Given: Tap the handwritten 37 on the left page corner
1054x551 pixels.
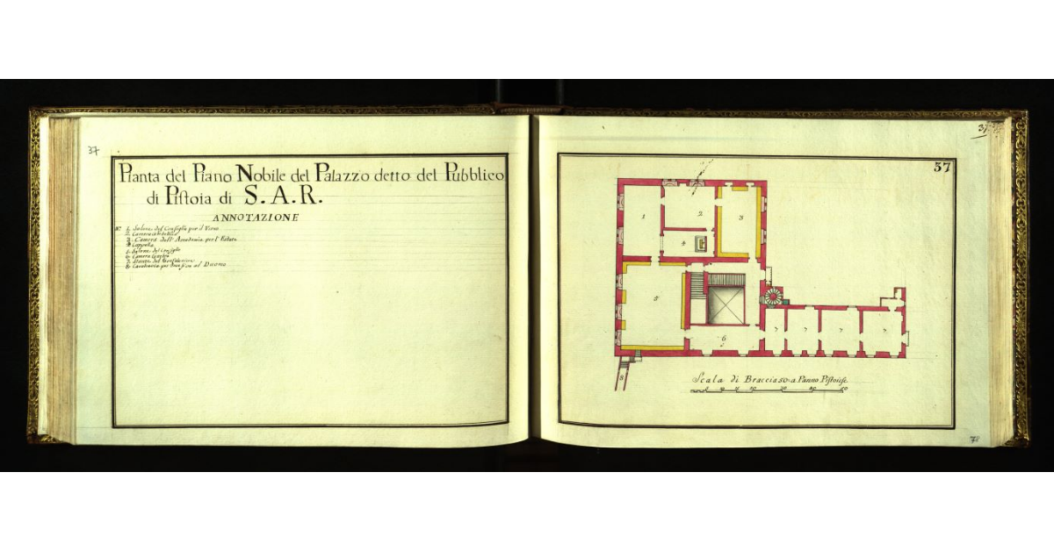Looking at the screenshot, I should click(x=93, y=150).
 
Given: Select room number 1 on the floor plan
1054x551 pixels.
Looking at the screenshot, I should click(x=644, y=215).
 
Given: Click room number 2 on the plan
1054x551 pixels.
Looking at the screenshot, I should click(x=700, y=213).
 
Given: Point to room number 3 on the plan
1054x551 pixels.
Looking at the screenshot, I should click(x=741, y=216).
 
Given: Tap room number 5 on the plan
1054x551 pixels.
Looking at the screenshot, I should click(x=656, y=299).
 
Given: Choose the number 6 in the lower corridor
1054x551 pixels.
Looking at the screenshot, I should click(x=723, y=338).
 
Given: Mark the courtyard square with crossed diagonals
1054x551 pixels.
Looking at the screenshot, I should click(x=726, y=304).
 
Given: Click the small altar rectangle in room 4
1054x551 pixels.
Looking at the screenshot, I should click(x=700, y=242).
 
